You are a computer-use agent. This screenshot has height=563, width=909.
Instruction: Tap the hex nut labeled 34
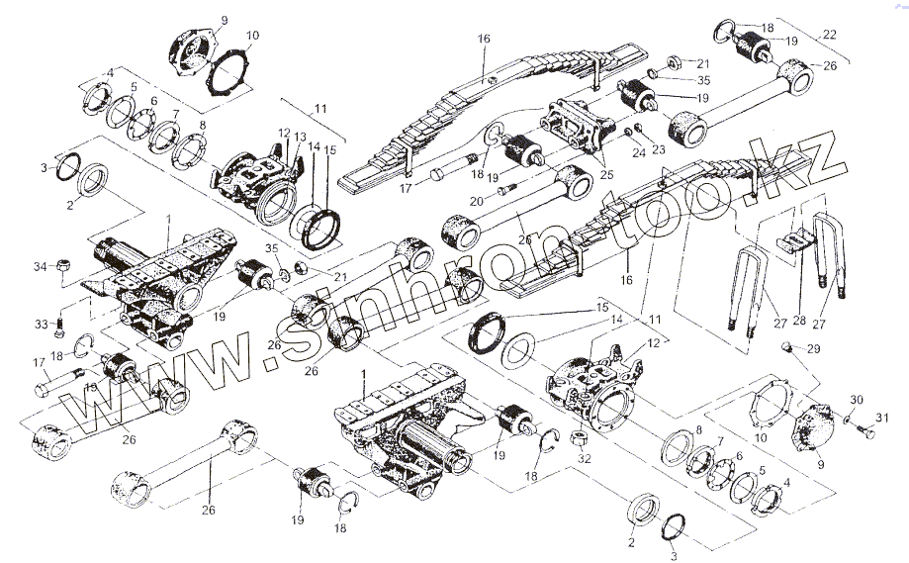(x=61, y=264)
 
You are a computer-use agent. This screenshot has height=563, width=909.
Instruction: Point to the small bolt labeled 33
(x=61, y=322)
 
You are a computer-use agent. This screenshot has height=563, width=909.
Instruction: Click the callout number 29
(x=813, y=350)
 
